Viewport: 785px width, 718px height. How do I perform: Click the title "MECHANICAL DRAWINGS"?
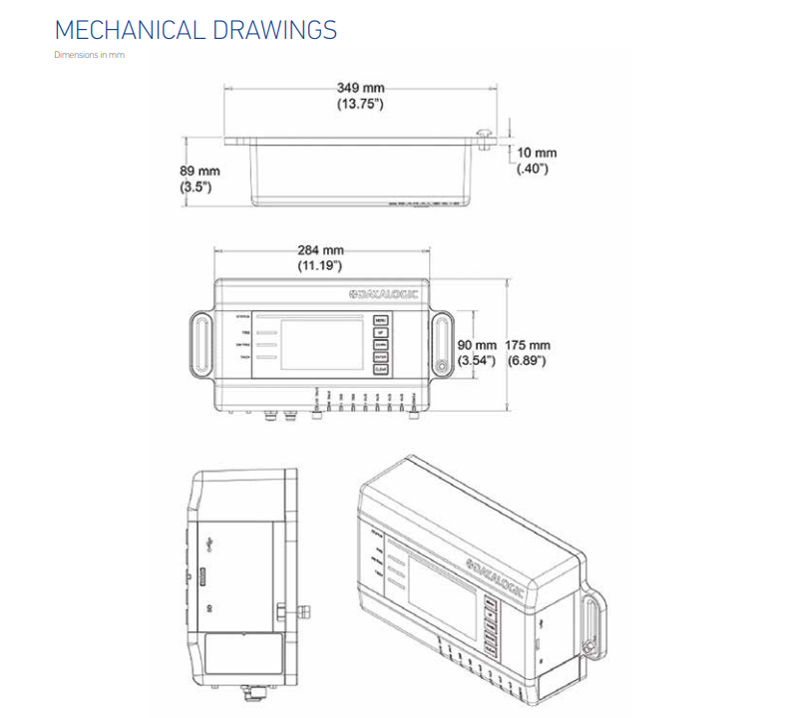(x=196, y=30)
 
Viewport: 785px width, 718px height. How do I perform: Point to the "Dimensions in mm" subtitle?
(x=89, y=55)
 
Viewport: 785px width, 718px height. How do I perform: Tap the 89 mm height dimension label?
(x=198, y=179)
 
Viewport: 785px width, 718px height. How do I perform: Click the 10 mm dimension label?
(x=536, y=161)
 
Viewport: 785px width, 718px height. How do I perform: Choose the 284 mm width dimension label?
(x=320, y=257)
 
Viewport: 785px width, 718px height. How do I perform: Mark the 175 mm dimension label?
(x=527, y=352)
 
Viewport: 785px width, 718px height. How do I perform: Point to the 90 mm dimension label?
(x=476, y=352)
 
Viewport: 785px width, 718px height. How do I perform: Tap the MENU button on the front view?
(x=380, y=321)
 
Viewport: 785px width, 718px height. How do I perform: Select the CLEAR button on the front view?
(x=380, y=370)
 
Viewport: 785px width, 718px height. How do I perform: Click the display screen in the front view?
(x=323, y=344)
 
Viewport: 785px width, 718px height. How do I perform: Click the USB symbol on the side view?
(x=210, y=543)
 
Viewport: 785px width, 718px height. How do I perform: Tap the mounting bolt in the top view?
(x=486, y=137)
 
